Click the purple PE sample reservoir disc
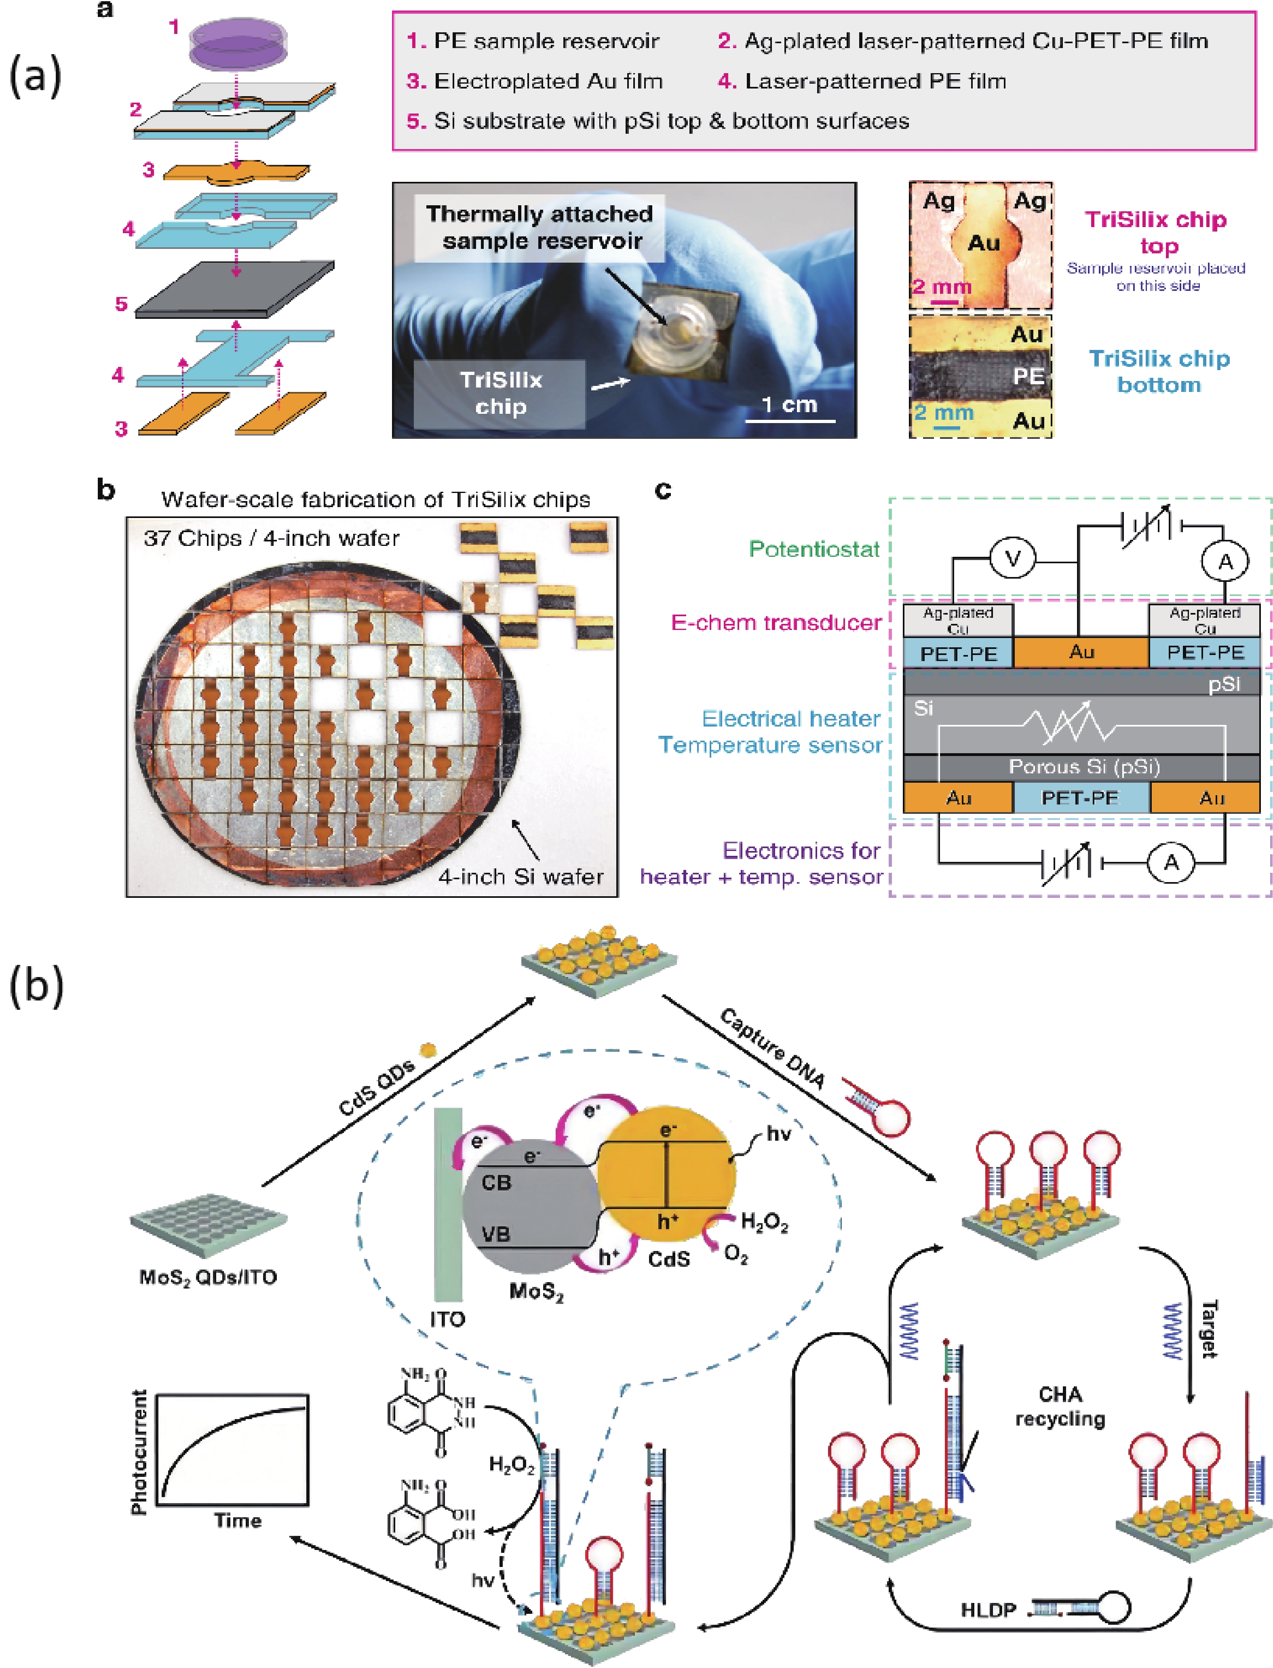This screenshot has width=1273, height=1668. pyautogui.click(x=236, y=42)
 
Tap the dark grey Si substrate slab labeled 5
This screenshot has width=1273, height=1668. pyautogui.click(x=235, y=288)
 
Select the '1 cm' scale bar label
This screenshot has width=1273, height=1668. pyautogui.click(x=790, y=404)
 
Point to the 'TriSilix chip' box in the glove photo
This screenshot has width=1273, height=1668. pyautogui.click(x=500, y=393)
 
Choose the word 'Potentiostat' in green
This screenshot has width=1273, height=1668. pyautogui.click(x=814, y=549)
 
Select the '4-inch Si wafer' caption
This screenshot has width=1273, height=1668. pyautogui.click(x=521, y=876)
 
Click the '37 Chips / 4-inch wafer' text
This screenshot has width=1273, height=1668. pyautogui.click(x=271, y=539)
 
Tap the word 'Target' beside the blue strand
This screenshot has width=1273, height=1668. pyautogui.click(x=1209, y=1329)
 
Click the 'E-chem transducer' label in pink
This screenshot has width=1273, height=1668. pyautogui.click(x=776, y=623)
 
